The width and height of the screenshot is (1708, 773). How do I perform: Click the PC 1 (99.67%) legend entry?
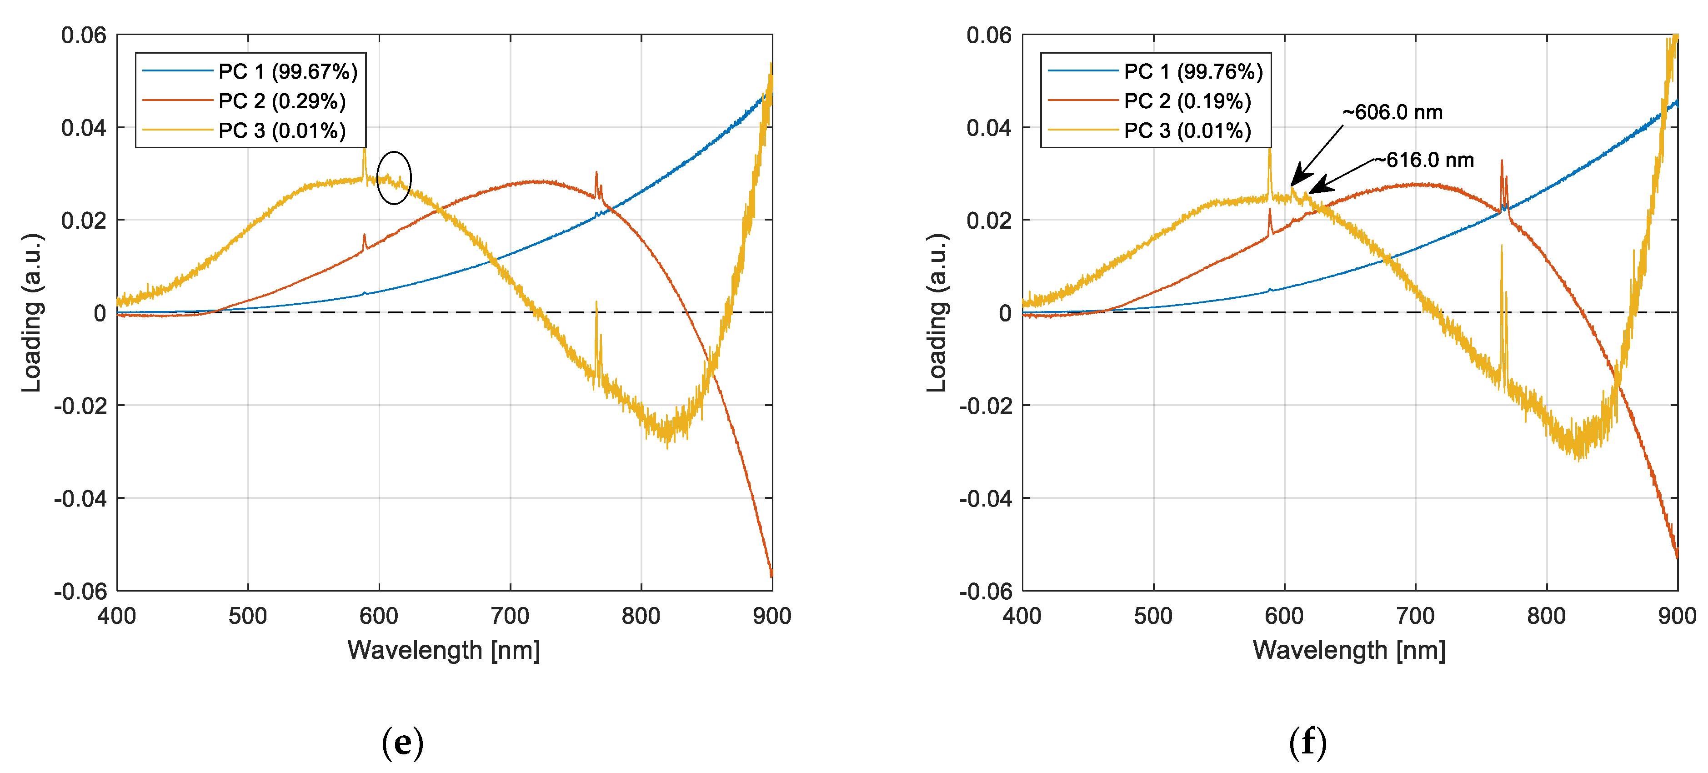tap(288, 71)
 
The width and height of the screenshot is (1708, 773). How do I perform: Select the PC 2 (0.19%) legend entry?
tap(1187, 101)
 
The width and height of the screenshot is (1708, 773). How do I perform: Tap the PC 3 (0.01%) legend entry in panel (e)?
tap(282, 131)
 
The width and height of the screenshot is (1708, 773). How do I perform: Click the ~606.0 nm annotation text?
tap(1392, 113)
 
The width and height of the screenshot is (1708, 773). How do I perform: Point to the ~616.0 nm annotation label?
tap(1424, 161)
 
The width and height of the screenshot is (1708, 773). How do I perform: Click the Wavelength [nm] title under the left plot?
tap(444, 650)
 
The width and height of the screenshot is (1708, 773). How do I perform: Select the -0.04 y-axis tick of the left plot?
tap(80, 498)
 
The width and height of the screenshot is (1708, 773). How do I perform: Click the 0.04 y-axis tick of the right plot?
tap(989, 128)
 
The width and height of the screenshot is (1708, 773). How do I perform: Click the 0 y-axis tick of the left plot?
tap(100, 313)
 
